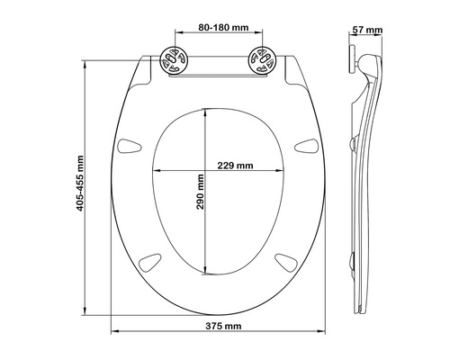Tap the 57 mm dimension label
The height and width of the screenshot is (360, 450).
pos(369,31)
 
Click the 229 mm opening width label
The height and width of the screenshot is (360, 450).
pos(235,166)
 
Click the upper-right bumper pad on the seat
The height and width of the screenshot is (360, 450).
pos(305,145)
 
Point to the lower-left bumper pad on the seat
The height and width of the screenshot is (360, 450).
pos(148,261)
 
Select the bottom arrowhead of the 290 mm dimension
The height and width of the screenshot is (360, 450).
pos(209,274)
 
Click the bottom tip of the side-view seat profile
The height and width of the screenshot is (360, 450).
pos(360,310)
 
